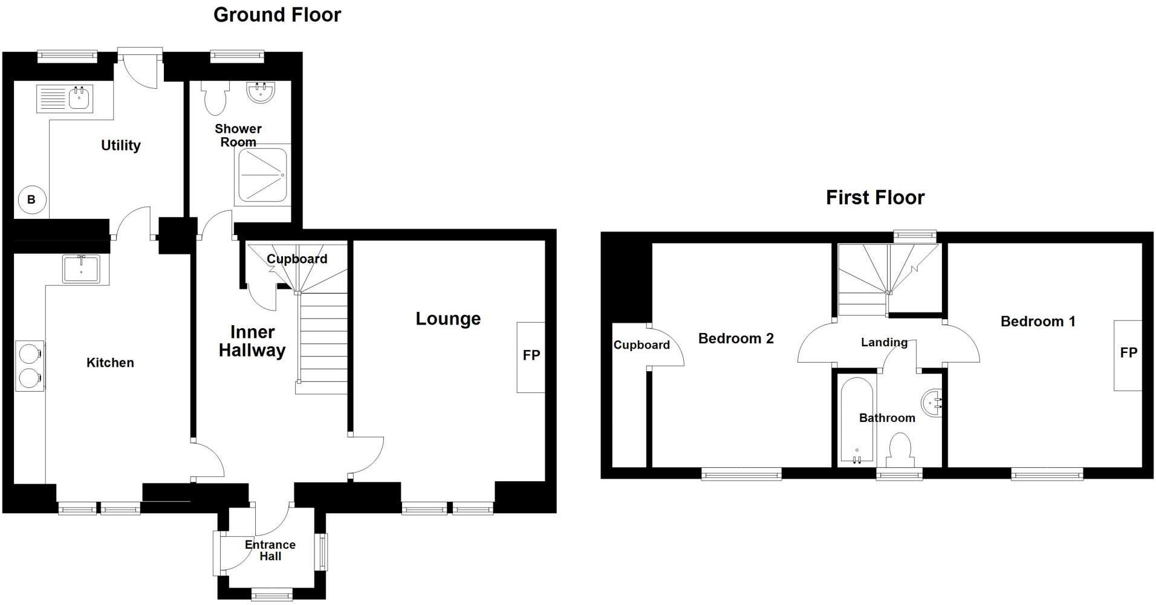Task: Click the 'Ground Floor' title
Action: pos(277,15)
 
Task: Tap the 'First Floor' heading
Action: pos(875,198)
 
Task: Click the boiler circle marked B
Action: pos(31,199)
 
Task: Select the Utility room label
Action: pos(120,145)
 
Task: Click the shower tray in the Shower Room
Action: pos(262,175)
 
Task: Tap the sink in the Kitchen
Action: pos(81,268)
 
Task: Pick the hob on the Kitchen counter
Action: pos(29,366)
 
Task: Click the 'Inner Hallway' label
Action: pos(252,341)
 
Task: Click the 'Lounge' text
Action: pos(447,319)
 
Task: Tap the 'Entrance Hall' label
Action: pos(270,550)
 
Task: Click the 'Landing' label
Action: pos(884,342)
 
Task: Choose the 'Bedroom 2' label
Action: pos(736,338)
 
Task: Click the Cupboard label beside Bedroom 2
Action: pos(641,345)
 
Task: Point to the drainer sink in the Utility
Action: pos(65,99)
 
